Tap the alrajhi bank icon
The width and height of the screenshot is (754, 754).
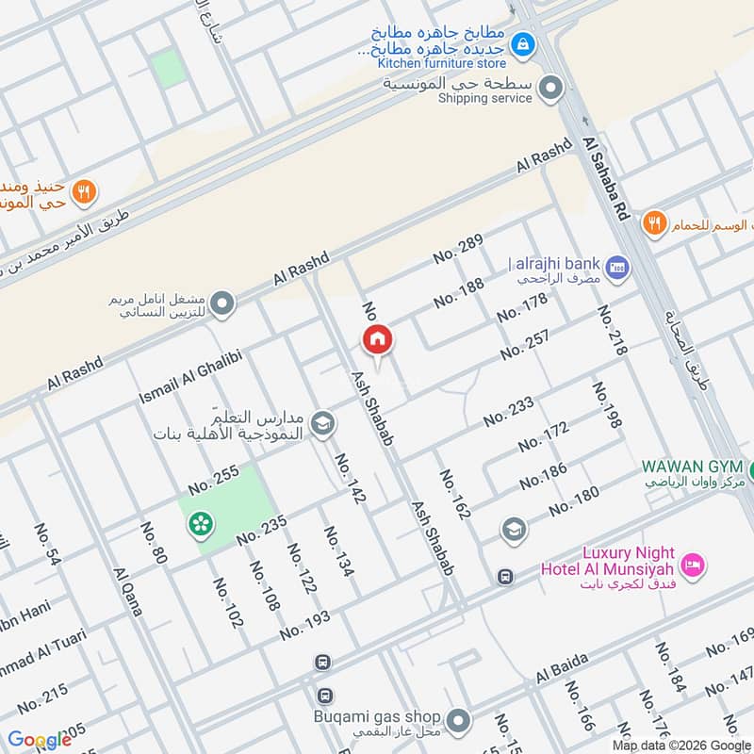(618, 268)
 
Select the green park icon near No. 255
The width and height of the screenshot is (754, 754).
(200, 524)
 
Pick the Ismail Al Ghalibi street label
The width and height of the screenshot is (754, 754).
(190, 373)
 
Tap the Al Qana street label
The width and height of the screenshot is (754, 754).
(127, 592)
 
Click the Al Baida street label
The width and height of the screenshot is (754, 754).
(562, 670)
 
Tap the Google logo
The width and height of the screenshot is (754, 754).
(40, 740)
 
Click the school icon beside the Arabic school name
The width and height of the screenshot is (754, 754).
(322, 424)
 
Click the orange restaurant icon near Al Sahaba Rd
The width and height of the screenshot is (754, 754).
(653, 224)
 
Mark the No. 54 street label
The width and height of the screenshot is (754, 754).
(47, 546)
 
